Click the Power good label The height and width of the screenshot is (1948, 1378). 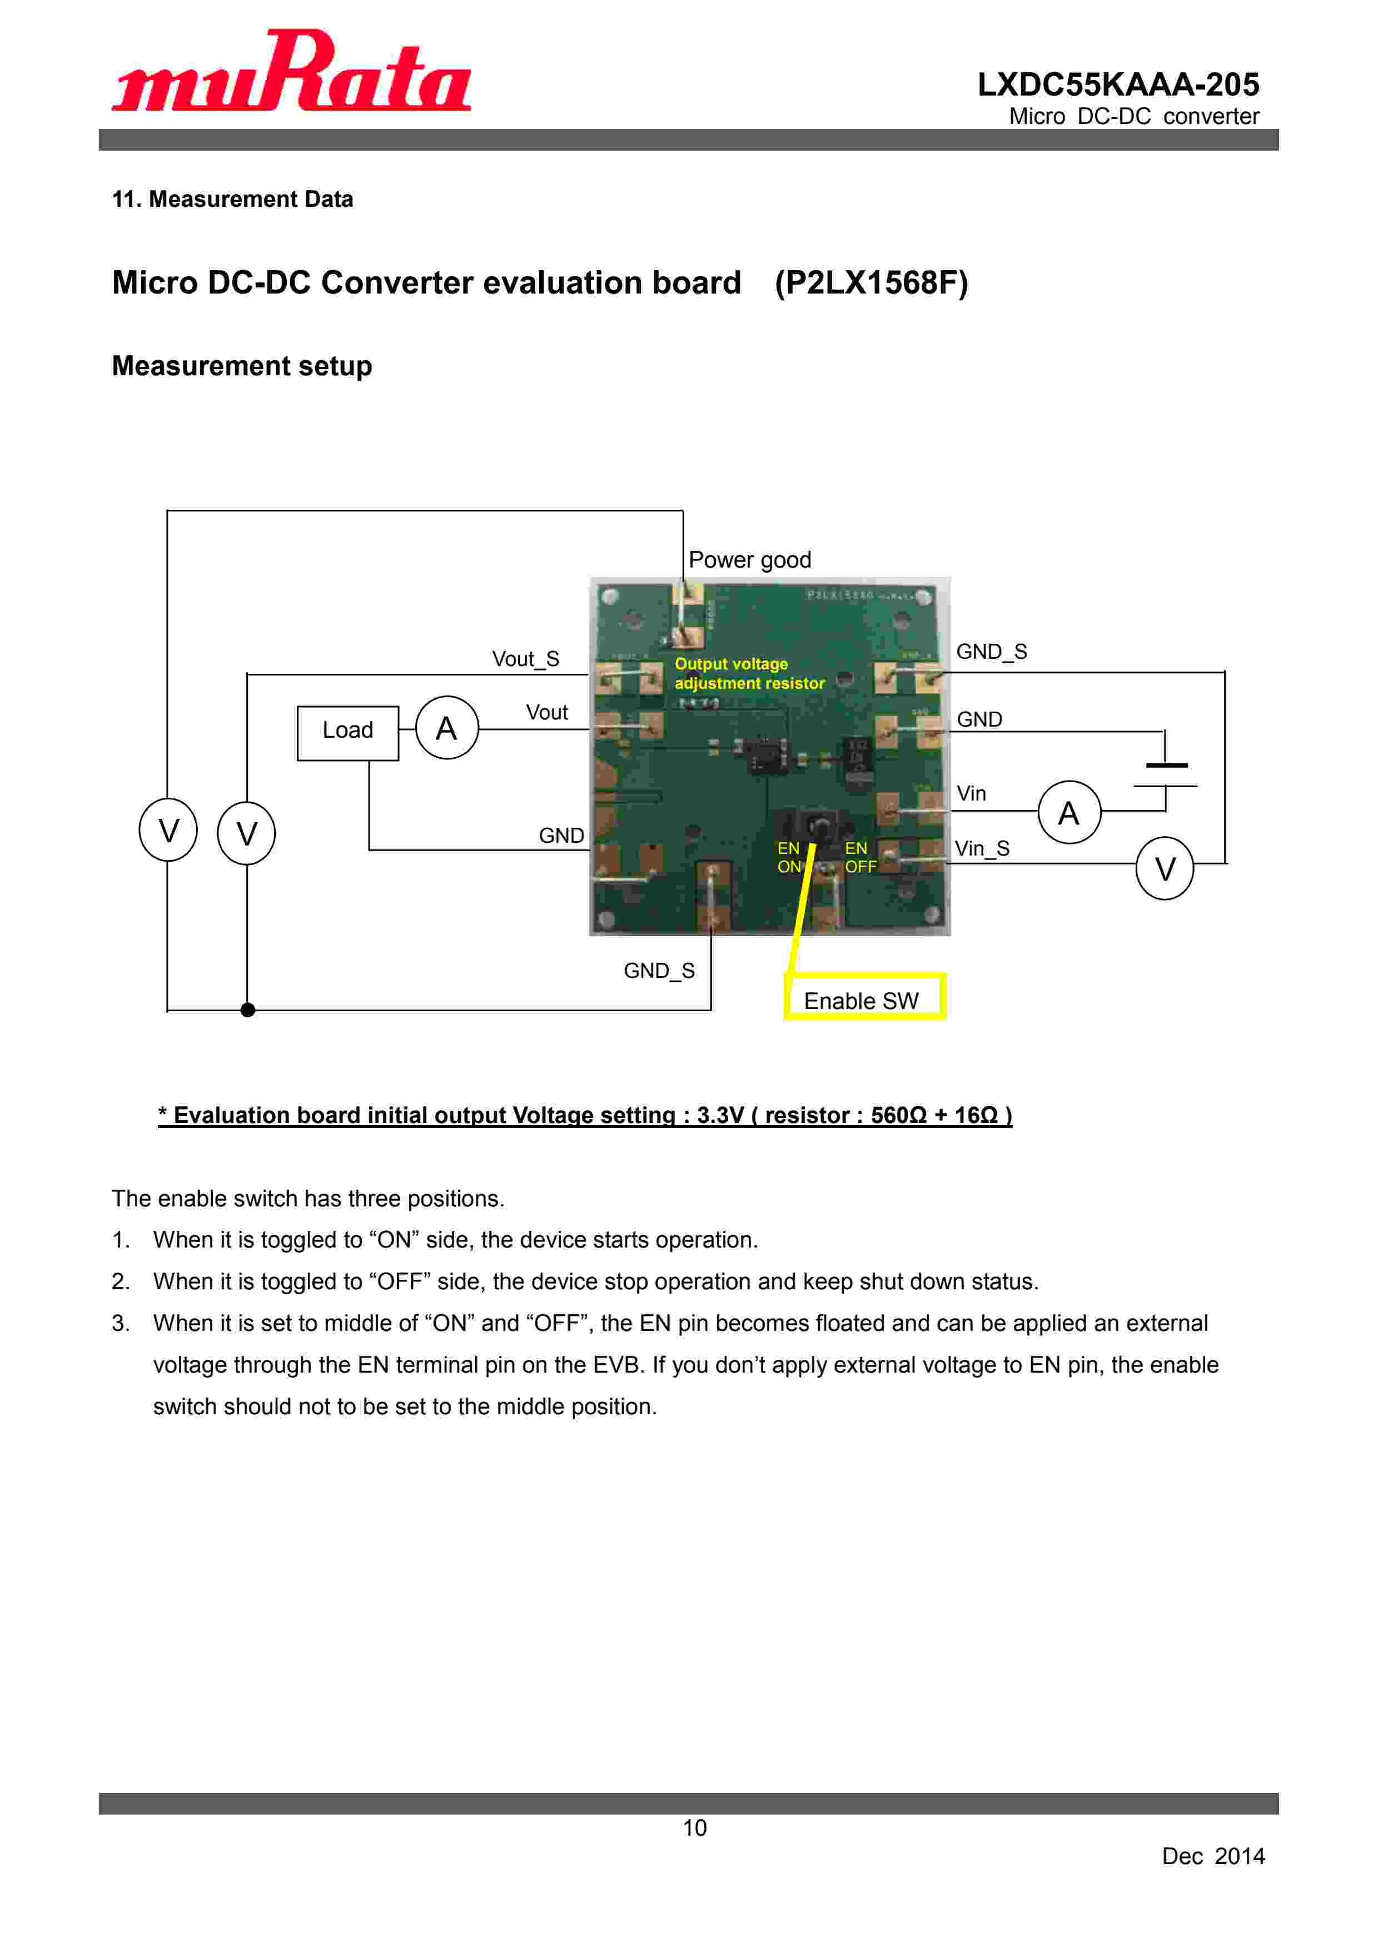tap(749, 560)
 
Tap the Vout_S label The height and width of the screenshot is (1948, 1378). tap(525, 659)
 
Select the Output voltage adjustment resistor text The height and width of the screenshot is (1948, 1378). tap(748, 674)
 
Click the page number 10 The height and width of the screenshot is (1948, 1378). tap(694, 1827)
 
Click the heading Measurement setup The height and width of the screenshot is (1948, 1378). tap(242, 366)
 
